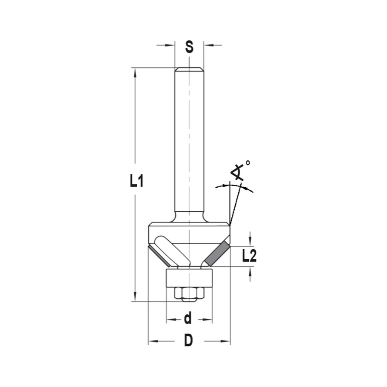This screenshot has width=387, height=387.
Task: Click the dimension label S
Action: coord(189,47)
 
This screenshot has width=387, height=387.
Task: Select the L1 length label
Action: coord(137,181)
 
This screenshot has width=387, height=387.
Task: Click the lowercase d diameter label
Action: coord(188,319)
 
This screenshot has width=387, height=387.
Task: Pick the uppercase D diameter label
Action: coord(188,341)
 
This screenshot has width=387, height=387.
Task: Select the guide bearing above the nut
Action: coord(189,278)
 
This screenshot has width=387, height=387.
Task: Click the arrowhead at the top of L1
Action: coord(135,74)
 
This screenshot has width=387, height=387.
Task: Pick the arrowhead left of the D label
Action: coord(154,341)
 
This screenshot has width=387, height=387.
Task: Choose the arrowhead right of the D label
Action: coord(225,341)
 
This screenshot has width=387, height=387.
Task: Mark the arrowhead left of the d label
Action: coord(171,320)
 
